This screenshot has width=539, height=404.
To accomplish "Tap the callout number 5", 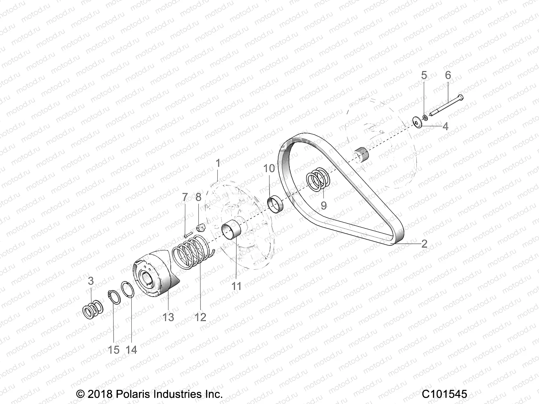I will (433, 75).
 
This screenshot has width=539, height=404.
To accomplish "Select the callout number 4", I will (445, 127).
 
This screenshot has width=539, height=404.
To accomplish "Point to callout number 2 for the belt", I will (424, 243).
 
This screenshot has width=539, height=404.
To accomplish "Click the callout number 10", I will (269, 168).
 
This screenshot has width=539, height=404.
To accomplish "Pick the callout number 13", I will (168, 317).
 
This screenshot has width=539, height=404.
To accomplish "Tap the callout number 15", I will (114, 350).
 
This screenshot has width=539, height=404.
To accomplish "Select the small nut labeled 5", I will (425, 117).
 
